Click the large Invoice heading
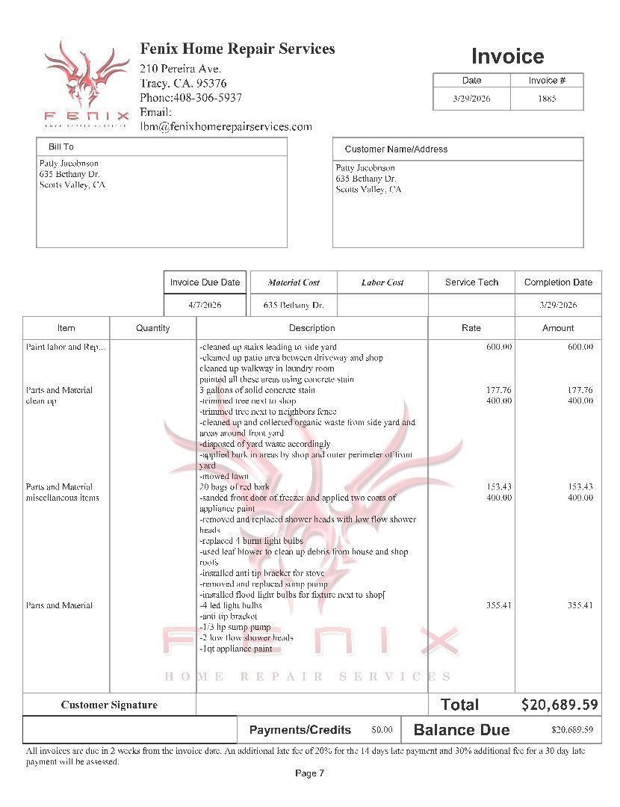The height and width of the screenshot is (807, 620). (507, 57)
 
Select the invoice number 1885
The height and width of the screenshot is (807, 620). (547, 99)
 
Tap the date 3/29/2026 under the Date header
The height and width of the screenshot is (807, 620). (471, 99)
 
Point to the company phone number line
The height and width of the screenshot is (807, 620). (190, 98)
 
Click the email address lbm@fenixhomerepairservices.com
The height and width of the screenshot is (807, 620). (226, 126)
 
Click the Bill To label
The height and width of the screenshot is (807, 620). (61, 147)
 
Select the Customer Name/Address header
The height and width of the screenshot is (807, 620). (396, 149)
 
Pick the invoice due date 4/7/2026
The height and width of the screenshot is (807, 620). (205, 305)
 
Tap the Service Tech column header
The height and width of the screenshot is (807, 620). (471, 282)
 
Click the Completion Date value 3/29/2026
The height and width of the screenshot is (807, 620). (558, 305)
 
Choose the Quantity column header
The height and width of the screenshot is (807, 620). (153, 328)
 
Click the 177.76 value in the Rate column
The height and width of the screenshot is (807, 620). (498, 390)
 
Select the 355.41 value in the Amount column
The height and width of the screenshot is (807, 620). (580, 605)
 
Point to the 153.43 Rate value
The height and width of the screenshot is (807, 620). (498, 487)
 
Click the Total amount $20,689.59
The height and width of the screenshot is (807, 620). (559, 705)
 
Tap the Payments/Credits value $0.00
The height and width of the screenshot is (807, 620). (382, 730)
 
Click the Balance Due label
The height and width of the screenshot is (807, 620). (461, 730)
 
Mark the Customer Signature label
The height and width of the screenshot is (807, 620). (109, 705)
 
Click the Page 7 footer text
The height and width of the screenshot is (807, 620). (309, 773)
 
